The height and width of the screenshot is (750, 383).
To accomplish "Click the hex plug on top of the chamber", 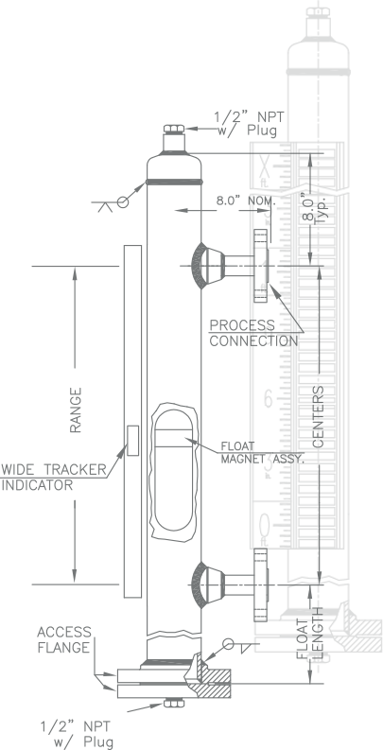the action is click(x=174, y=129).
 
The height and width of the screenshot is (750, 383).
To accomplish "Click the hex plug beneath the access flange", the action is click(x=174, y=703).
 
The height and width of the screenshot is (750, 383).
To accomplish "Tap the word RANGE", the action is click(x=76, y=410).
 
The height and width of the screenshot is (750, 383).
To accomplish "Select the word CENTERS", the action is click(x=319, y=416).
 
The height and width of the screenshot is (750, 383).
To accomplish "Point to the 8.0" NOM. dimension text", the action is click(x=246, y=201).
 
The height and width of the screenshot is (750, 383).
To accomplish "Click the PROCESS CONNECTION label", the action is click(x=253, y=333).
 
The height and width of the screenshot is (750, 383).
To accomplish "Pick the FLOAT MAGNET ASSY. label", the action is click(x=263, y=453).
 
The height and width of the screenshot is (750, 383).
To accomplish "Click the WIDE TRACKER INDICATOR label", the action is click(x=54, y=477).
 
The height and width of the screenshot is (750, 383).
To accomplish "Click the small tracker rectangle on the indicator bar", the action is click(x=133, y=441).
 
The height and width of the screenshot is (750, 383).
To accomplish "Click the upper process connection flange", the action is click(x=261, y=266).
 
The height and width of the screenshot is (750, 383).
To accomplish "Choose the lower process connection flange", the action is click(x=261, y=584).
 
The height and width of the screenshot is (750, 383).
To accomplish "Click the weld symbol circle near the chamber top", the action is click(x=123, y=202).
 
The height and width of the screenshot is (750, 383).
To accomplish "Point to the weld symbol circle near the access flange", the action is click(x=229, y=644).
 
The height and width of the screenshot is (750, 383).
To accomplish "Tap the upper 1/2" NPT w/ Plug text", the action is click(x=249, y=124).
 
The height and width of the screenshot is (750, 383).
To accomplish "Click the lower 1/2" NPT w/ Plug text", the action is click(x=77, y=734).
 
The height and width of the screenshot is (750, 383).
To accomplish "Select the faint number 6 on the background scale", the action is click(x=269, y=398).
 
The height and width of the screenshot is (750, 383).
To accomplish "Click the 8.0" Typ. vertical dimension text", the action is click(x=314, y=207).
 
